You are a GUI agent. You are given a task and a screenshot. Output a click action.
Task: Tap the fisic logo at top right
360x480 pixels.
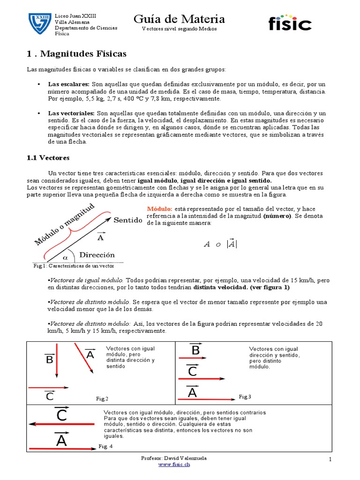290,22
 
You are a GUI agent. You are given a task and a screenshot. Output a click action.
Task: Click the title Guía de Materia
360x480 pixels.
180,19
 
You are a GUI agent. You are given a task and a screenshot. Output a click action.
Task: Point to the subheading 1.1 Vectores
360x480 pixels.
48,158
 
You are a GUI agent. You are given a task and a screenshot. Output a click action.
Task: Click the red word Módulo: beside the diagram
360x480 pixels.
160,209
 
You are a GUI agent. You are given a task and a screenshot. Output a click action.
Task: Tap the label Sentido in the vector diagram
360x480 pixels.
127,220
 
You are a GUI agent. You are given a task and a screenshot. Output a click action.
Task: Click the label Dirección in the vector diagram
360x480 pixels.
97,255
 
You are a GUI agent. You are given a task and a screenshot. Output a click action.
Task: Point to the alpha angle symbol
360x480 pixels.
65,257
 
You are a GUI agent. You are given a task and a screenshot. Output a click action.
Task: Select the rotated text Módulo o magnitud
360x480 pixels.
65,225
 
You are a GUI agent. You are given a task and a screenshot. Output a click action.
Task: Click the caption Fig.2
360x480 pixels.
102,399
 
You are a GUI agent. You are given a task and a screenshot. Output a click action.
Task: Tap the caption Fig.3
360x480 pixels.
245,397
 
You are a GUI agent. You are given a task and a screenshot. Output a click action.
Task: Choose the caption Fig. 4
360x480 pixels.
105,446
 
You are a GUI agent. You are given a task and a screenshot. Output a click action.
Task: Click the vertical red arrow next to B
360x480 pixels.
56,360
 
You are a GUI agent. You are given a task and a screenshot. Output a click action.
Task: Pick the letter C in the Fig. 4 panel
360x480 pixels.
61,414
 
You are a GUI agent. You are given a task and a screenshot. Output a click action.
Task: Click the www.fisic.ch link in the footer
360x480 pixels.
174,464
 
